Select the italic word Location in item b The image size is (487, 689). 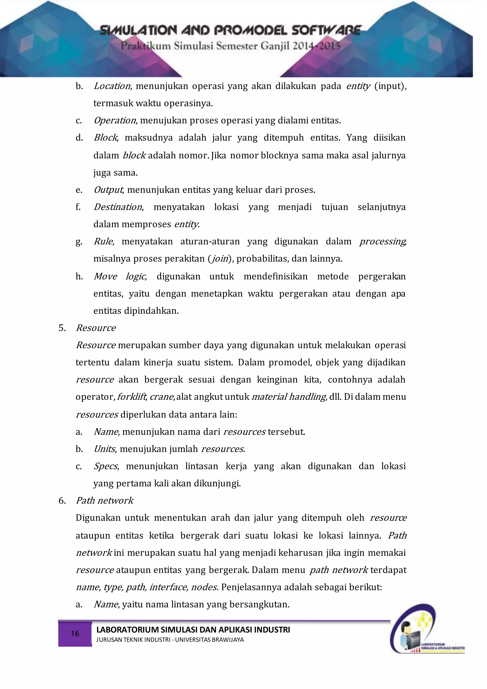(112, 86)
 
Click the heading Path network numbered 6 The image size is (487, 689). (104, 500)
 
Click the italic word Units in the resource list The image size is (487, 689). (104, 449)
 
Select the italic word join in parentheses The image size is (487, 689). (220, 259)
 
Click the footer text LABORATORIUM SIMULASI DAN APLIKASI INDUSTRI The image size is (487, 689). (193, 630)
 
